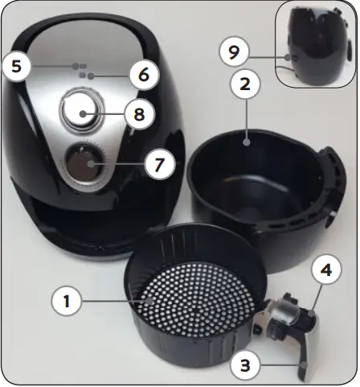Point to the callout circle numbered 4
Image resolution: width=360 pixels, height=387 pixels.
point(327,270)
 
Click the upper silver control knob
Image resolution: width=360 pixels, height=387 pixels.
point(80,111)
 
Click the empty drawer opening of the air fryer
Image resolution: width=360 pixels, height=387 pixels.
point(88,217)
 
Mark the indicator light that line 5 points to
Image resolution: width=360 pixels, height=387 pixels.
point(75,66)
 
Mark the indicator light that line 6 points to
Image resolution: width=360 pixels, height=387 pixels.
point(90,76)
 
